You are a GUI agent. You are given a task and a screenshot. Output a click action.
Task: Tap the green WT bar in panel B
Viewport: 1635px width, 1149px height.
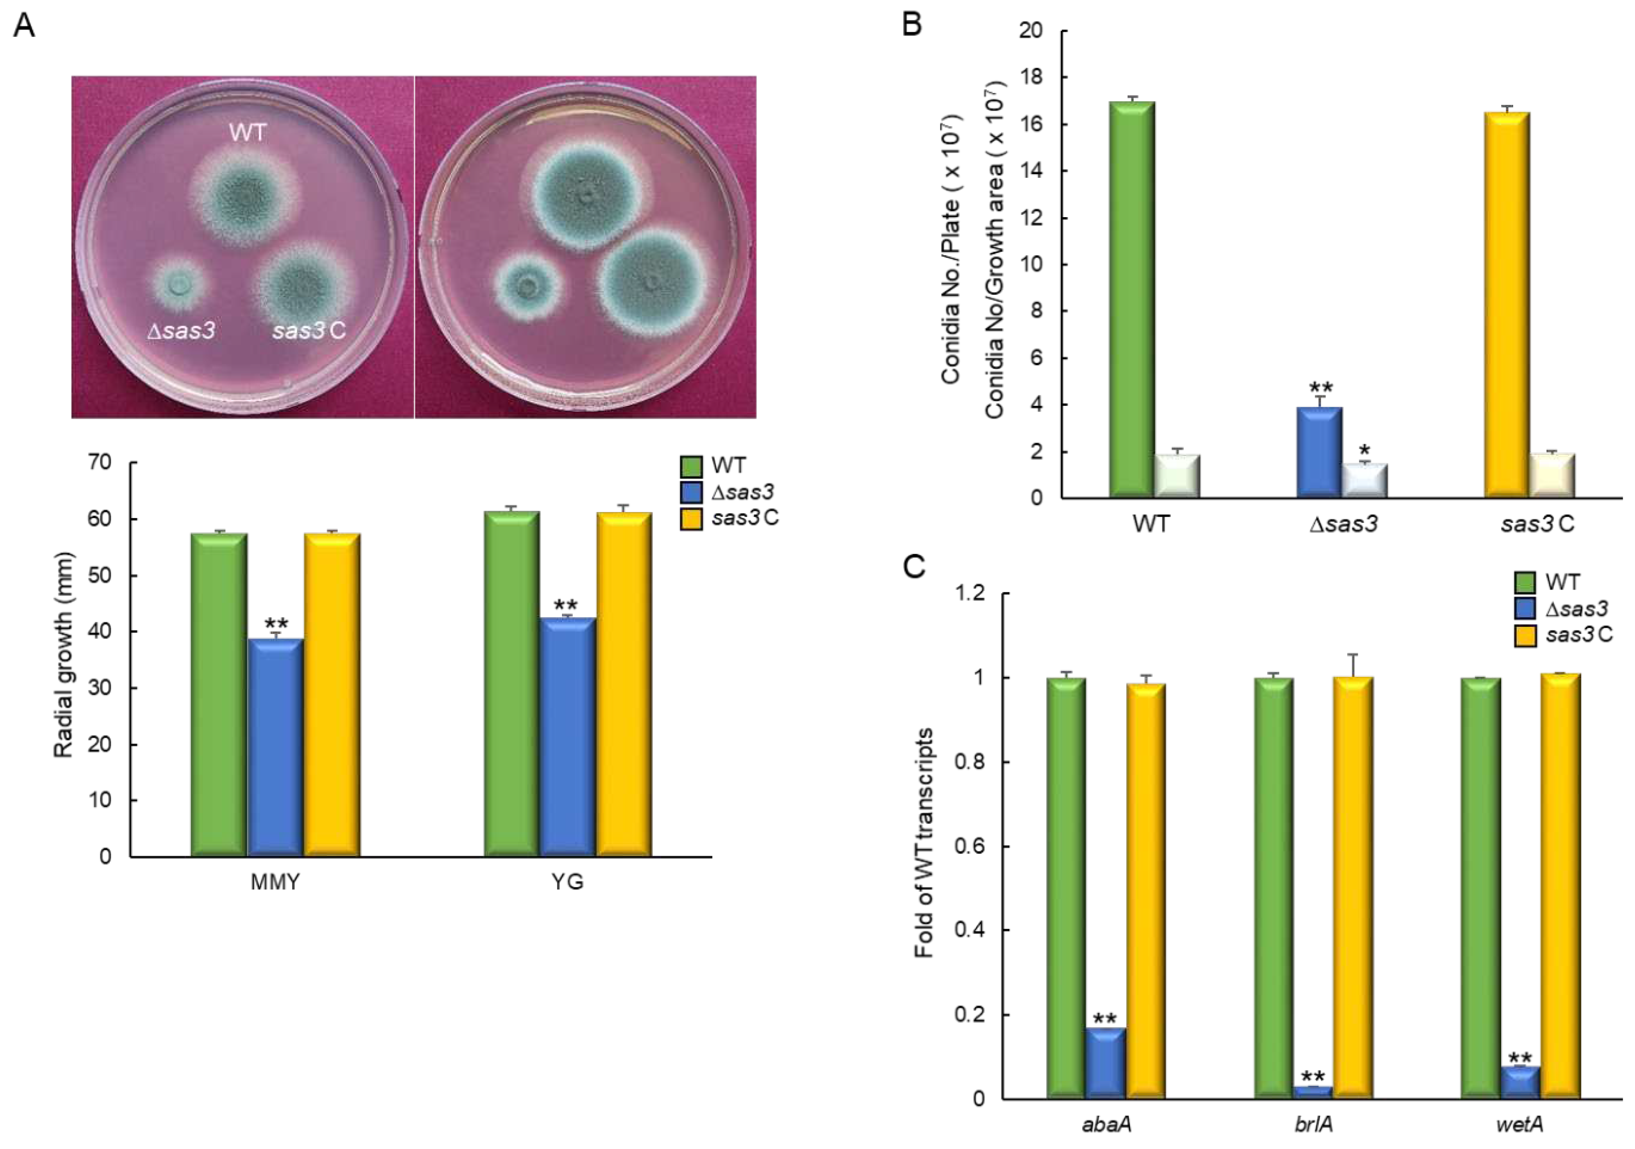pyautogui.click(x=1132, y=299)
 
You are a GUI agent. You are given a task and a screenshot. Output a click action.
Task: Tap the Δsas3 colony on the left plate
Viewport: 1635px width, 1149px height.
pyautogui.click(x=180, y=285)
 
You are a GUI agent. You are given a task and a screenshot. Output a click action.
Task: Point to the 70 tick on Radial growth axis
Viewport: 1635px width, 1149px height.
pyautogui.click(x=100, y=462)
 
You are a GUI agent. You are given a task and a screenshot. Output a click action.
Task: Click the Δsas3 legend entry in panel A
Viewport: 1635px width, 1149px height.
pyautogui.click(x=741, y=491)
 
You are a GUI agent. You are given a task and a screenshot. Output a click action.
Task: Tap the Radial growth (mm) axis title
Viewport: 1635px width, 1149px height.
pyautogui.click(x=64, y=654)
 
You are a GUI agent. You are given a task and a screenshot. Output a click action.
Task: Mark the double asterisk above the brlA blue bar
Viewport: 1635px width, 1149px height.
pyautogui.click(x=1313, y=1076)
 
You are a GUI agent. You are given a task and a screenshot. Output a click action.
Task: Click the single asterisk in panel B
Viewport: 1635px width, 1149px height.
pyautogui.click(x=1364, y=451)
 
